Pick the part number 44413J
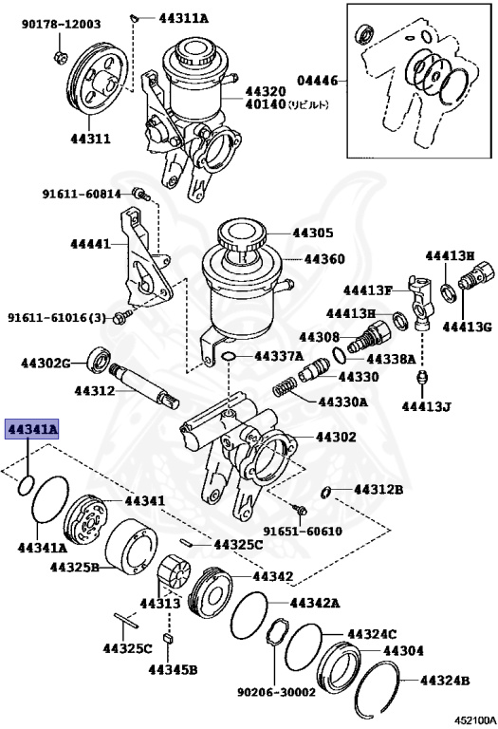[427, 407]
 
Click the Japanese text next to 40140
[311, 105]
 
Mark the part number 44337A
[276, 356]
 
